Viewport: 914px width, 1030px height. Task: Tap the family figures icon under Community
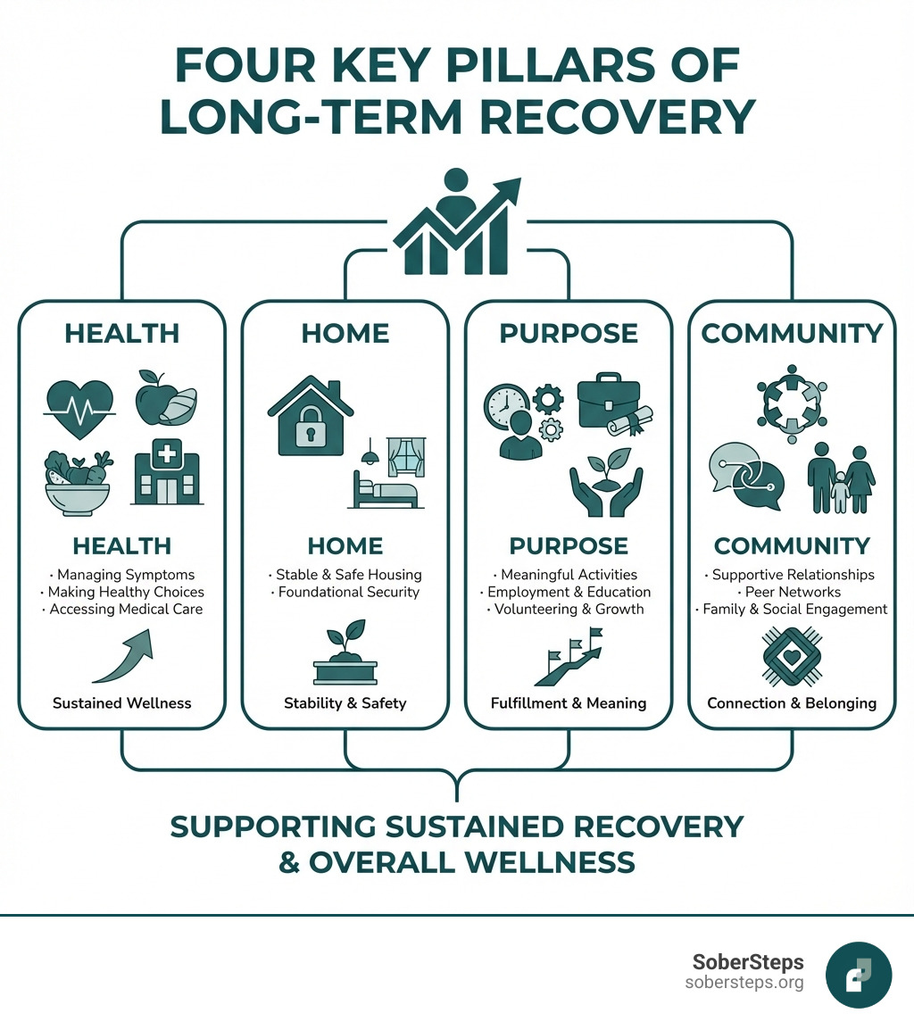click(840, 479)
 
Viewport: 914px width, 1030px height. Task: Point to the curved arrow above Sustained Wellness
click(124, 658)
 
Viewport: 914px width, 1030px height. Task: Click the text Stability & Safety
click(345, 703)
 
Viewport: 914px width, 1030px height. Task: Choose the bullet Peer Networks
click(792, 592)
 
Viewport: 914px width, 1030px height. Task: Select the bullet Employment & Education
click(569, 592)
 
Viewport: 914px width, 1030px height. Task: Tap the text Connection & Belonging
click(792, 703)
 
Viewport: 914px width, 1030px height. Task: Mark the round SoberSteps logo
click(859, 975)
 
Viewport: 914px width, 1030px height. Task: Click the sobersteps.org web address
click(744, 983)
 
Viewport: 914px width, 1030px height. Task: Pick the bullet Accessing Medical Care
click(122, 610)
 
